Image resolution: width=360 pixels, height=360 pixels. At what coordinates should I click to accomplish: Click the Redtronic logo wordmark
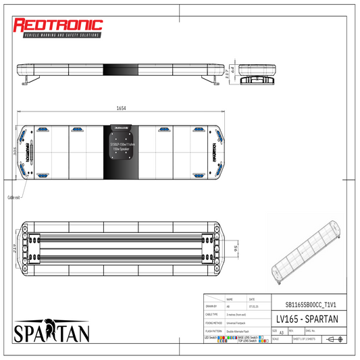(59, 26)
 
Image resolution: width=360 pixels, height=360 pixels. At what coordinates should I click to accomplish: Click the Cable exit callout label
(14, 197)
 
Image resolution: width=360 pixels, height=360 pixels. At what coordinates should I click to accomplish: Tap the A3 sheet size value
(281, 332)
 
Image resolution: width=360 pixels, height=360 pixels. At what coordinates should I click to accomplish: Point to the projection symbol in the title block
(333, 339)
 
